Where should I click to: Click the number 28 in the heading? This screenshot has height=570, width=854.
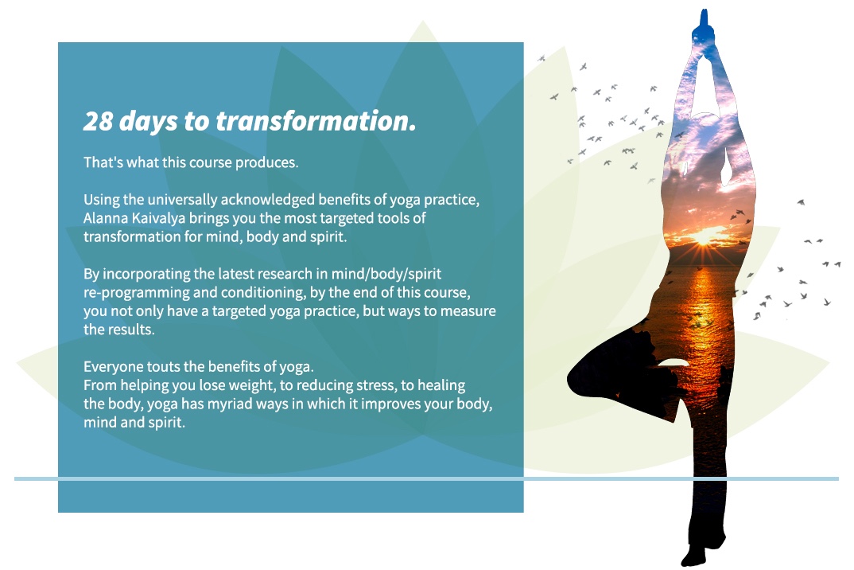(x=98, y=121)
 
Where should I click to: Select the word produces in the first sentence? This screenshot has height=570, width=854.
(x=266, y=163)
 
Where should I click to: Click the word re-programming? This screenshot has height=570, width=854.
(x=136, y=293)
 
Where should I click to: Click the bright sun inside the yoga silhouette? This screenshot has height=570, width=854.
(x=703, y=236)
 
